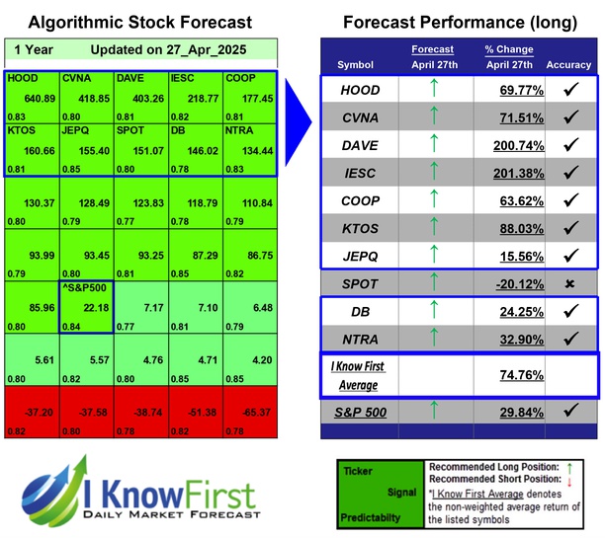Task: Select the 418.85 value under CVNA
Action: (x=84, y=98)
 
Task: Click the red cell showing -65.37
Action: (x=251, y=410)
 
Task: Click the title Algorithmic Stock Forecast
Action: (x=139, y=22)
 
